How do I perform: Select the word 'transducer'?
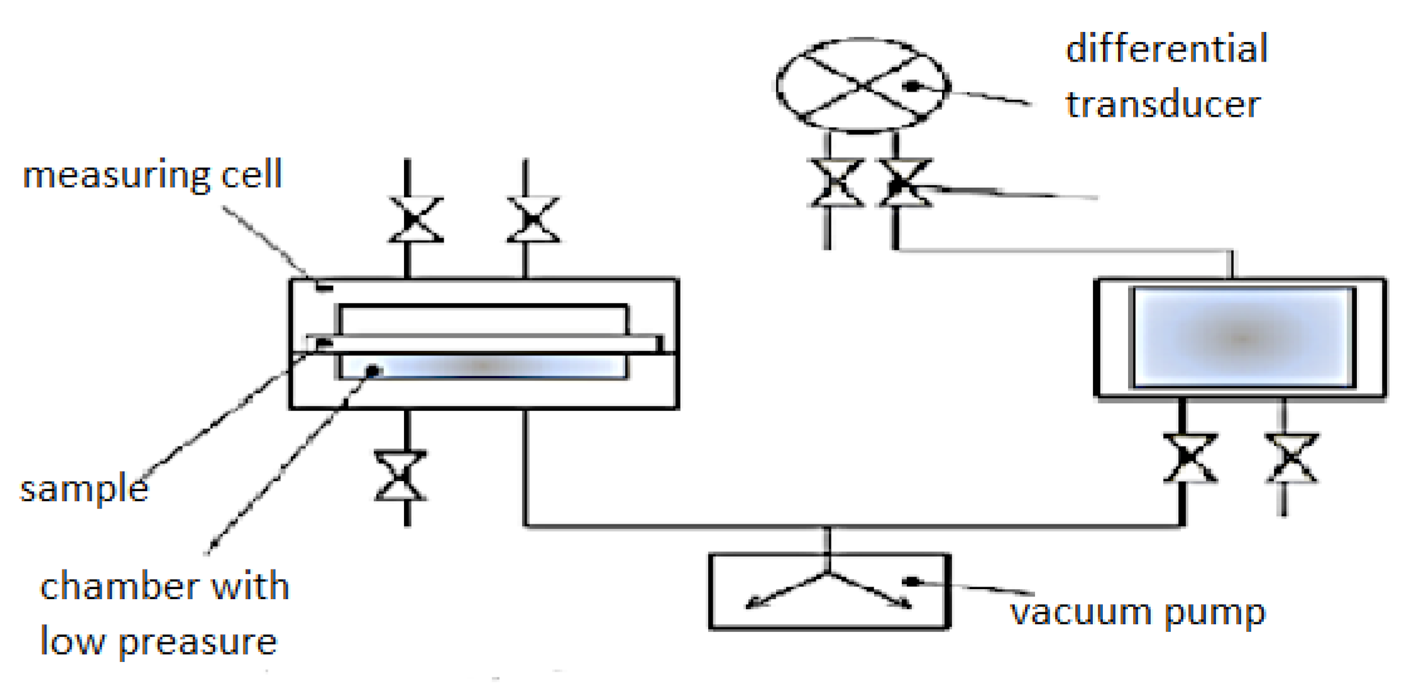tap(1163, 104)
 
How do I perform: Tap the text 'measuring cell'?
tap(152, 175)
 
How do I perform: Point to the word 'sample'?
tap(84, 489)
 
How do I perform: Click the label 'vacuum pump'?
tap(1137, 612)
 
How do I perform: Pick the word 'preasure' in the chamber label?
tap(197, 642)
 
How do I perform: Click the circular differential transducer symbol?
tap(862, 85)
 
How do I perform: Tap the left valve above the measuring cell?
tap(415, 220)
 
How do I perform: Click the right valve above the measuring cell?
tap(533, 220)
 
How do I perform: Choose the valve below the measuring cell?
tap(400, 476)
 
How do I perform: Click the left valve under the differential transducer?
tap(836, 183)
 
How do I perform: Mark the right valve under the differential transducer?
tap(904, 183)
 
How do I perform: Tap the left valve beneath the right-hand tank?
tap(1190, 458)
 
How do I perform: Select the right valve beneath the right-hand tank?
tap(1291, 458)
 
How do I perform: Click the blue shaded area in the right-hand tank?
tap(1242, 337)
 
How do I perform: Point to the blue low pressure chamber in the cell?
tap(483, 366)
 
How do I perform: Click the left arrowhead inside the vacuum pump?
tap(752, 605)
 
